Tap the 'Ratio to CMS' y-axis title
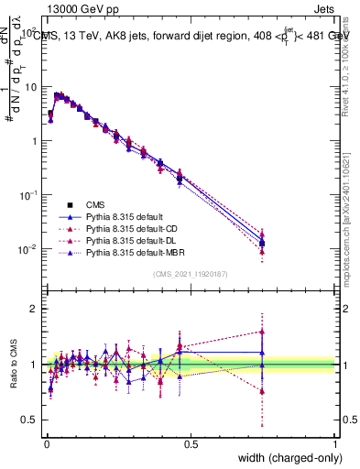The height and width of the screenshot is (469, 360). [13, 365]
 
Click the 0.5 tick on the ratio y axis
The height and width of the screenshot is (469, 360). [29, 420]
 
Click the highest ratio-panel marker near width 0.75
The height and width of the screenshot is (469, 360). [262, 332]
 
